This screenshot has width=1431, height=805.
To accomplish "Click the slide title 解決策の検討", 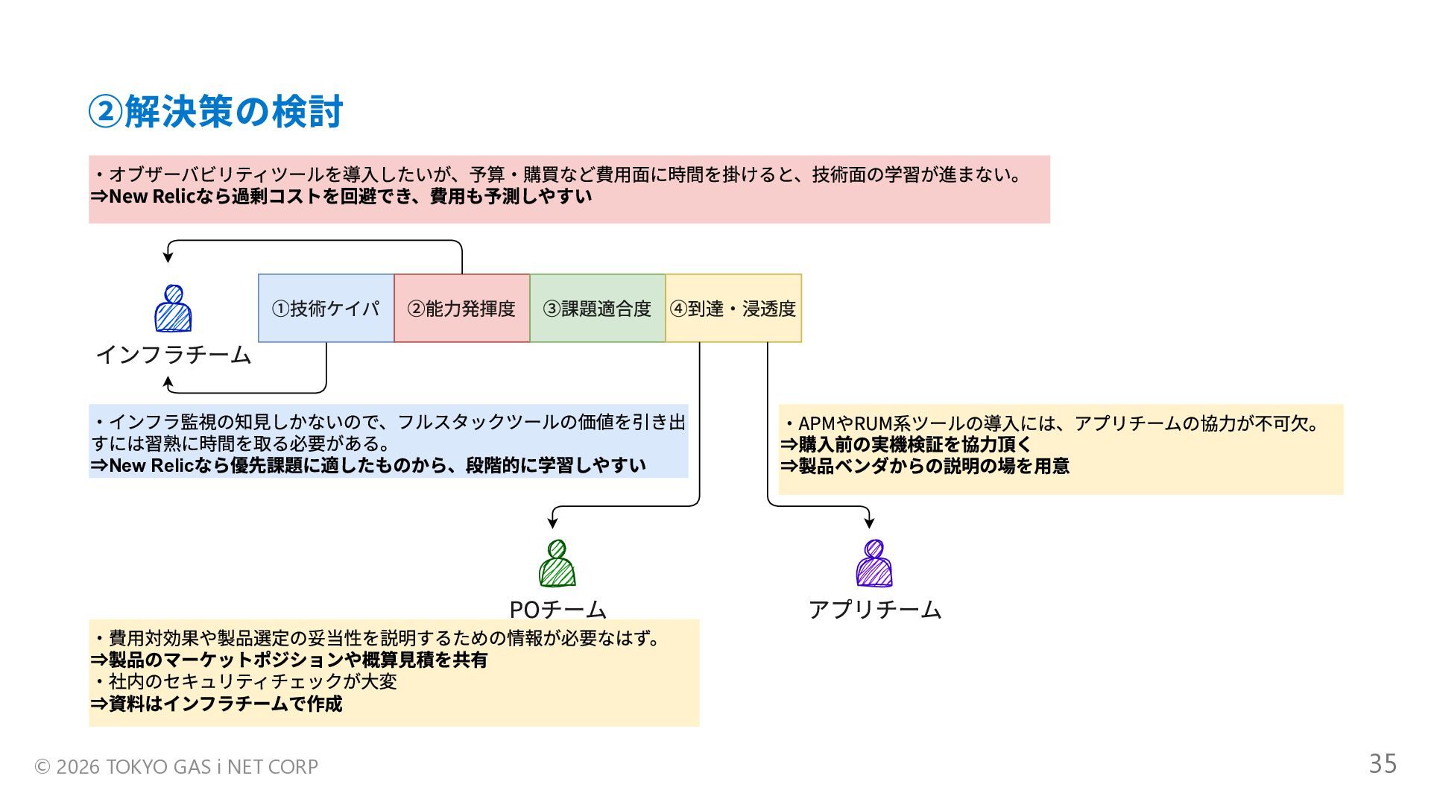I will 216,112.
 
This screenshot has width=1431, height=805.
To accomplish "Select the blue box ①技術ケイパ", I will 326,309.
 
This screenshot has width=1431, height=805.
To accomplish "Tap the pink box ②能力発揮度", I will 461,309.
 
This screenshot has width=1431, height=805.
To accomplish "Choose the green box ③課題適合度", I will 597,309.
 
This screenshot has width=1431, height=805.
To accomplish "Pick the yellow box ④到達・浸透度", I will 733,309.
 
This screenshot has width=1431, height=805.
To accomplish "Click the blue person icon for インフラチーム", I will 173,309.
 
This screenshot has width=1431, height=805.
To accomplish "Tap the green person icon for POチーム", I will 557,563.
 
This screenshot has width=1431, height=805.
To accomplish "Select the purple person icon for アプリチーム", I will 874,563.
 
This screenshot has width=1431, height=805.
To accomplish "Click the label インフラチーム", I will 173,355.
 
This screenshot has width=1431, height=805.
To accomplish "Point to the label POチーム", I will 557,610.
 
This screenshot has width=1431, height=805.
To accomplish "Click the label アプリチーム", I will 875,610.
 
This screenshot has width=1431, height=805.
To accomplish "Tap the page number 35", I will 1383,764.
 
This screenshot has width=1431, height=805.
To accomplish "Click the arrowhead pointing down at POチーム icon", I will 552,523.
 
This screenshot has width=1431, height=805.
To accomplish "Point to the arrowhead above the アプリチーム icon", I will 869,523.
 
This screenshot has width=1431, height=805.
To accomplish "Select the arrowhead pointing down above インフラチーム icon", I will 168,256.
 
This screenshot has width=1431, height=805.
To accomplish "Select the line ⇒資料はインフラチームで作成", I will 216,704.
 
